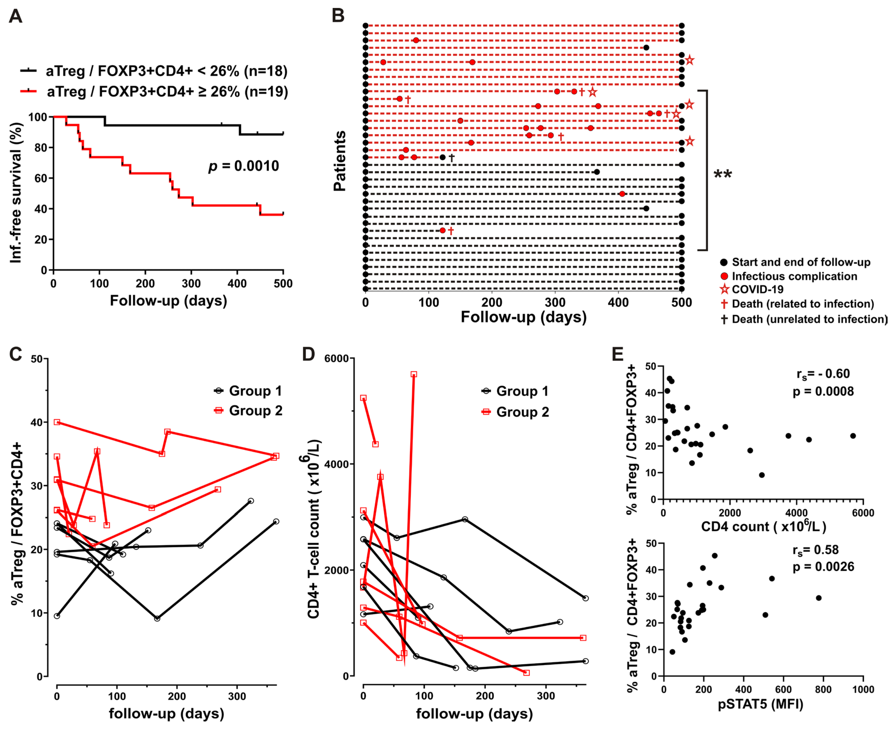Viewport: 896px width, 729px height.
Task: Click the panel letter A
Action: (x=15, y=17)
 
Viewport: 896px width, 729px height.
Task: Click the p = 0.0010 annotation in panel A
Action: (x=244, y=166)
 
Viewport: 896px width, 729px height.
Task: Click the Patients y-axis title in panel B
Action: (x=339, y=161)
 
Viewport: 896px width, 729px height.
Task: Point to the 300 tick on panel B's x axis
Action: (x=555, y=303)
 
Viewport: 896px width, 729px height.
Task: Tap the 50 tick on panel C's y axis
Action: (x=37, y=359)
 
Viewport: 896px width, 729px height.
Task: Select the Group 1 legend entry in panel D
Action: (x=522, y=391)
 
